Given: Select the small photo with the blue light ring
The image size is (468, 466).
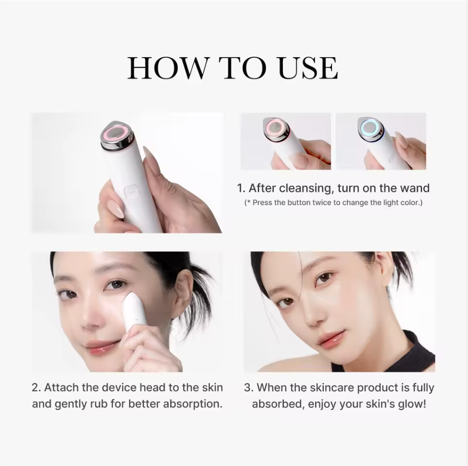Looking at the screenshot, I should [381, 141].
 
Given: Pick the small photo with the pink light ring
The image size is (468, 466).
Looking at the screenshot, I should [286, 141].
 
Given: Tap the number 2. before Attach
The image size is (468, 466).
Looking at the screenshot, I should [36, 387].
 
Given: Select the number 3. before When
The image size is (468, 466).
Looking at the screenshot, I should [248, 387].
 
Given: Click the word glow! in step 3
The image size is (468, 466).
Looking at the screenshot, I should [412, 403].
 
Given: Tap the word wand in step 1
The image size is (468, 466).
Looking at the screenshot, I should [416, 188].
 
